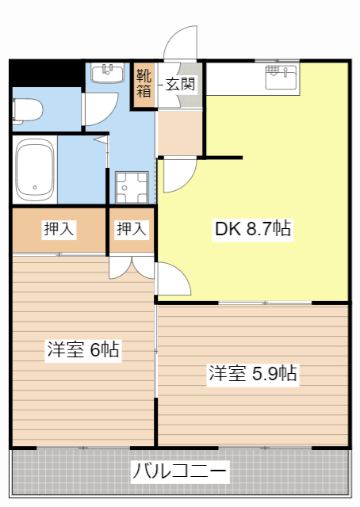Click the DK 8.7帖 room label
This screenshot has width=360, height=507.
point(253,230)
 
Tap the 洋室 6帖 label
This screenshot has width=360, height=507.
point(83,349)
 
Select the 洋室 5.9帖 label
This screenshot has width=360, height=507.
point(253,373)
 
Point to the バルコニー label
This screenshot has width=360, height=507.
point(180,472)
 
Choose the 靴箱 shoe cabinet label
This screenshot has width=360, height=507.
point(144,83)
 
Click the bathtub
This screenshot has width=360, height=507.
point(35,170)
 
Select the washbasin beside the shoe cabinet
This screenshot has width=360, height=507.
point(108,74)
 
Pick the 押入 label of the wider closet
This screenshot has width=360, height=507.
point(59,230)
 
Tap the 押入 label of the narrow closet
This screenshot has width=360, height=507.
point(132,230)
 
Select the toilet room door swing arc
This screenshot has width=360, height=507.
point(95,112)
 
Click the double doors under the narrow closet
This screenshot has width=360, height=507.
point(132,268)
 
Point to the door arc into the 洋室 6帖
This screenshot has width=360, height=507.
point(173,280)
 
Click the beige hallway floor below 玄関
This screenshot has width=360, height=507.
point(179,132)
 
